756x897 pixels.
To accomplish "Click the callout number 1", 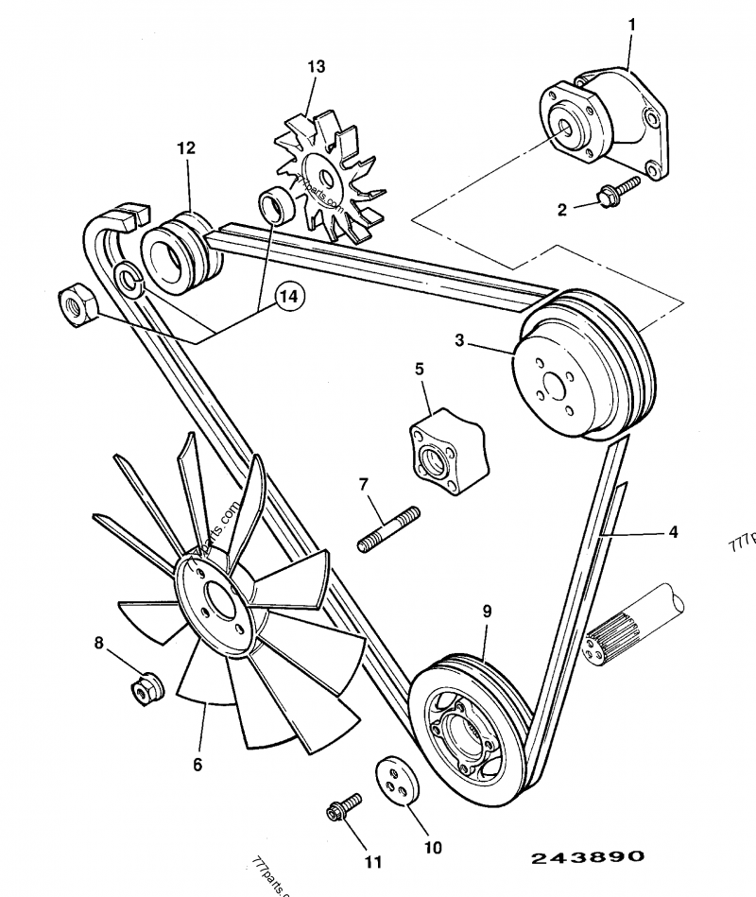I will pos(633,20).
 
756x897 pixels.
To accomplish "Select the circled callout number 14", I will pos(290,296).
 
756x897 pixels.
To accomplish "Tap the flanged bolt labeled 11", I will pos(345,808).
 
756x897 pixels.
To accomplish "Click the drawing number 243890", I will pos(587,857).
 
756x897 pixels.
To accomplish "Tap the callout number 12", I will pos(185,148).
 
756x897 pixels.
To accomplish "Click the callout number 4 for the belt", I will pos(673,532).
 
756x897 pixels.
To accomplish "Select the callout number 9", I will pos(487,612).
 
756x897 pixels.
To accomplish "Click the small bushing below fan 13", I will pos(275,205).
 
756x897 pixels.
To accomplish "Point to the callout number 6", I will pos(198,765).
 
